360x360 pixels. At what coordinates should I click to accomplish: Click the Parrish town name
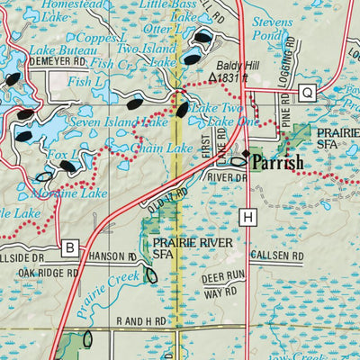[278, 163]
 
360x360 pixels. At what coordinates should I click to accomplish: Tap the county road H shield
[247, 216]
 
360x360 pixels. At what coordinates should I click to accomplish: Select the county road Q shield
[307, 92]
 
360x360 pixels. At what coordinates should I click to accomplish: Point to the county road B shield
[70, 247]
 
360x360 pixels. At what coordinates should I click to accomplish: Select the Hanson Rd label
[117, 256]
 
